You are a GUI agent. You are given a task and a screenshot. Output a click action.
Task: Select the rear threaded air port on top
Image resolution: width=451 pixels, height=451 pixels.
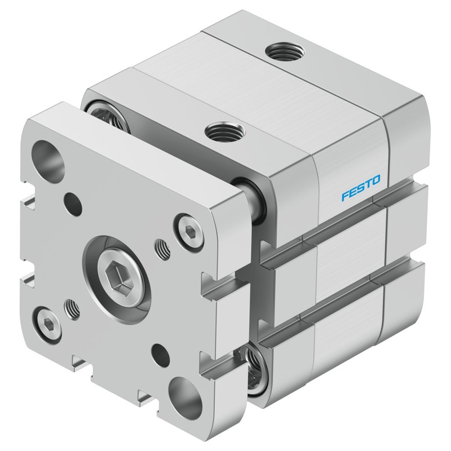click(x=285, y=51)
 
